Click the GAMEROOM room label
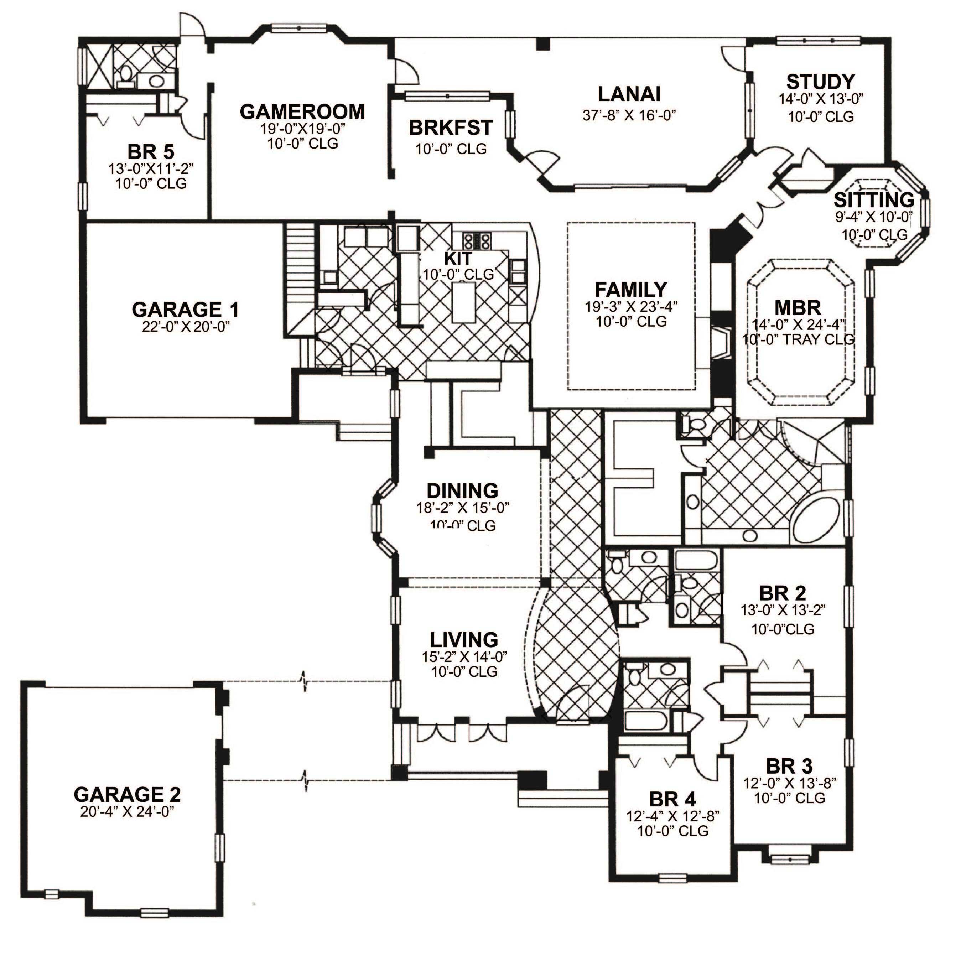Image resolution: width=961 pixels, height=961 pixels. coord(302,112)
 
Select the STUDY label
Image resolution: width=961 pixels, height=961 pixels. coord(820,82)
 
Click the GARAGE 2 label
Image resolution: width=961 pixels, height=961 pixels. coord(127,794)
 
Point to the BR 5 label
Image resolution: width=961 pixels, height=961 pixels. coord(150,152)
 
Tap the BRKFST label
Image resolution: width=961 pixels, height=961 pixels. coord(450,128)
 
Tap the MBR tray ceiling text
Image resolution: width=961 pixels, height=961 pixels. coord(798,340)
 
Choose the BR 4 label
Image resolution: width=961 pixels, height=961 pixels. coord(672,799)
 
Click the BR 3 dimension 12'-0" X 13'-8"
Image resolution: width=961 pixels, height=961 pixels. coord(789,783)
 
